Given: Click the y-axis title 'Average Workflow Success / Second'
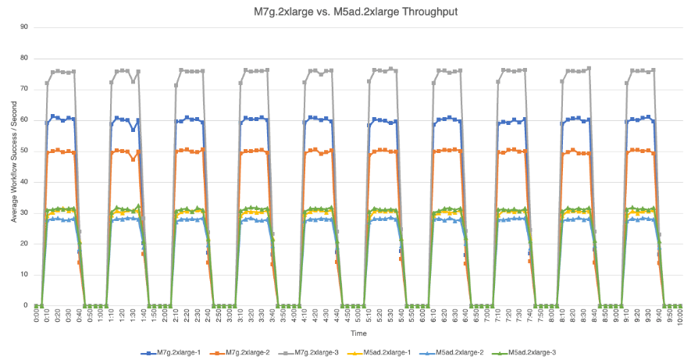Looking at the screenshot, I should click(x=13, y=166).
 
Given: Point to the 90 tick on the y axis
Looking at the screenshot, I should click(x=24, y=27).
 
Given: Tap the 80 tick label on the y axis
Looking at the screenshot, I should click(x=24, y=58).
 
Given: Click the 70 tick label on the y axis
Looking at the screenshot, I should click(x=24, y=89).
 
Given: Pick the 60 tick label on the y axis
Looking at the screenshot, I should click(x=24, y=120).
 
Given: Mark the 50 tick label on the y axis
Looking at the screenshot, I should click(x=24, y=151).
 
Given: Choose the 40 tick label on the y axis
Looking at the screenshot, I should click(x=24, y=182).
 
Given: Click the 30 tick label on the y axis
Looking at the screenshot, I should click(x=24, y=212).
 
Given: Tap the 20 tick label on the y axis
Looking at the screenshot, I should click(x=24, y=244).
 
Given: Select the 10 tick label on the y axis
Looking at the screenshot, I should click(x=24, y=275).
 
